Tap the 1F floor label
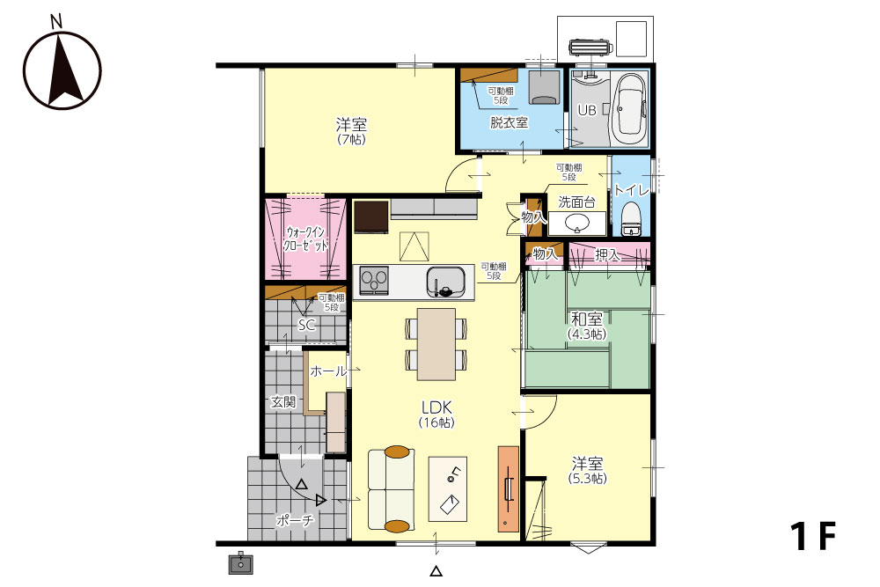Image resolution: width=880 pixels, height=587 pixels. (813, 535)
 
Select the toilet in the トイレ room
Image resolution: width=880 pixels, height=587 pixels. (631, 219)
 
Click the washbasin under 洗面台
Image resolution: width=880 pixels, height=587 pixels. (577, 224)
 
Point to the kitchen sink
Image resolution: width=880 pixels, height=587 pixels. (445, 281)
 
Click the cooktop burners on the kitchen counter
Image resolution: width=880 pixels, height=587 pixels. (374, 280)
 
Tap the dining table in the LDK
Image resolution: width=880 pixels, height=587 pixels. (436, 344)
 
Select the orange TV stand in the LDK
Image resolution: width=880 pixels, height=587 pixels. (509, 488)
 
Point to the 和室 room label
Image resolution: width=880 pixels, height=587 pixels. (586, 319)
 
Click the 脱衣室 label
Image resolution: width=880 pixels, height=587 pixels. (509, 121)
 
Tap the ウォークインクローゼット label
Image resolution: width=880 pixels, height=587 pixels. (305, 238)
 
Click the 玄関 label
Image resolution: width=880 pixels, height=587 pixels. (283, 402)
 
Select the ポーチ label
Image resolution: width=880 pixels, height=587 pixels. (295, 521)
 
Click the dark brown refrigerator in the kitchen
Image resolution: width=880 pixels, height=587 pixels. (371, 216)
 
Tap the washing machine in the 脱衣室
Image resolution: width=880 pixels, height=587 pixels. (544, 87)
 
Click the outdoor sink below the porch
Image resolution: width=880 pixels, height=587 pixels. (241, 563)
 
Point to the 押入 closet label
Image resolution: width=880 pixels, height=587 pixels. (606, 255)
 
